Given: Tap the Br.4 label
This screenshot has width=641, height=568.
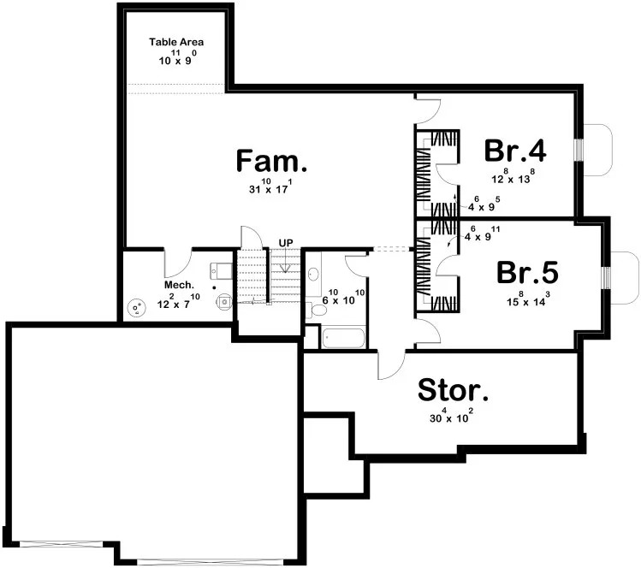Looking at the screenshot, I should point(514,151).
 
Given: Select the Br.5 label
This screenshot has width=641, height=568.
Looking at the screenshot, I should point(528,273).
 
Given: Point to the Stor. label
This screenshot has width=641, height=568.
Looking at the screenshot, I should point(453,391).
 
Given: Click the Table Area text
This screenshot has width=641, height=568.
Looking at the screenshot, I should point(175,42).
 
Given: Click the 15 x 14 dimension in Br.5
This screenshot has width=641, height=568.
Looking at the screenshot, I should point(528,300).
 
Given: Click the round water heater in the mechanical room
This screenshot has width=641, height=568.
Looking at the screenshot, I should point(135,309).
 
